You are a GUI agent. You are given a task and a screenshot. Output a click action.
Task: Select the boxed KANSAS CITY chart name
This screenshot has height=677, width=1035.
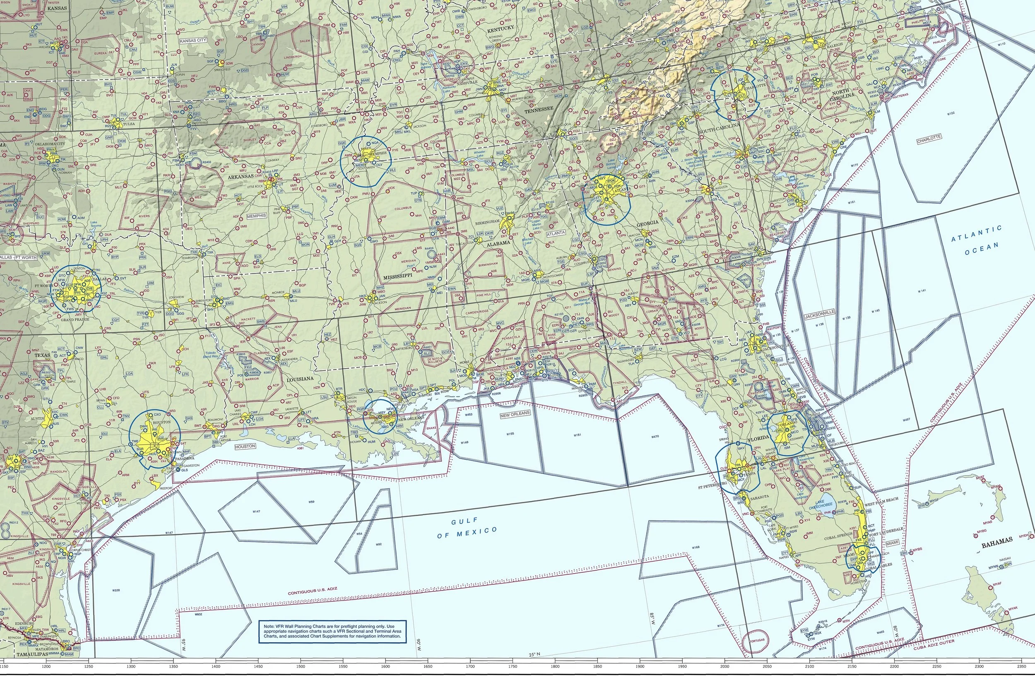[x=193, y=40]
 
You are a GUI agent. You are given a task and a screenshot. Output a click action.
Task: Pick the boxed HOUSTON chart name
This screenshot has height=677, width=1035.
[x=245, y=446]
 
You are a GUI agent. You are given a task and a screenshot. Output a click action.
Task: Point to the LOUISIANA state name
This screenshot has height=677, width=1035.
[x=300, y=379]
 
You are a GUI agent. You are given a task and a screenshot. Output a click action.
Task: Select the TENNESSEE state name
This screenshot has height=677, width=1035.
[x=538, y=110]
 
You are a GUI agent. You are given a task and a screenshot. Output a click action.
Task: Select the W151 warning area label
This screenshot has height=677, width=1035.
[x=577, y=435]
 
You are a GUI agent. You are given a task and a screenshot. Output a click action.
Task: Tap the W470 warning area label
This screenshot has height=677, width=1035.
[x=655, y=436]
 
